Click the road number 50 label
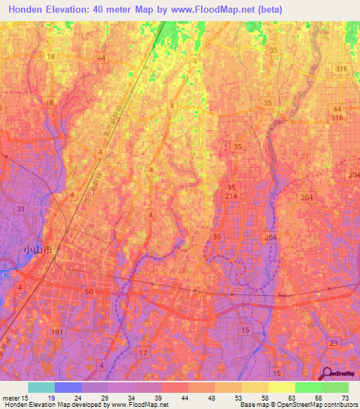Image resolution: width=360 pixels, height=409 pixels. tap(88, 291)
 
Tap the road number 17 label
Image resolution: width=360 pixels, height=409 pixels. tap(143, 353)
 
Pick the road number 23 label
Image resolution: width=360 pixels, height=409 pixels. tap(333, 343)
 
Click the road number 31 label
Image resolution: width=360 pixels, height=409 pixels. tap(21, 209)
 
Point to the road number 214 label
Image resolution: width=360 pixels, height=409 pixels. tap(232, 197)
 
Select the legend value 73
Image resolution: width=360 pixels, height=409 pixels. tap(344, 396)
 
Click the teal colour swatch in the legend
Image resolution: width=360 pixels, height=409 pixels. tap(41, 387)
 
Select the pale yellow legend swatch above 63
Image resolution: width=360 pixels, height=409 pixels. tap(281, 387)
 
